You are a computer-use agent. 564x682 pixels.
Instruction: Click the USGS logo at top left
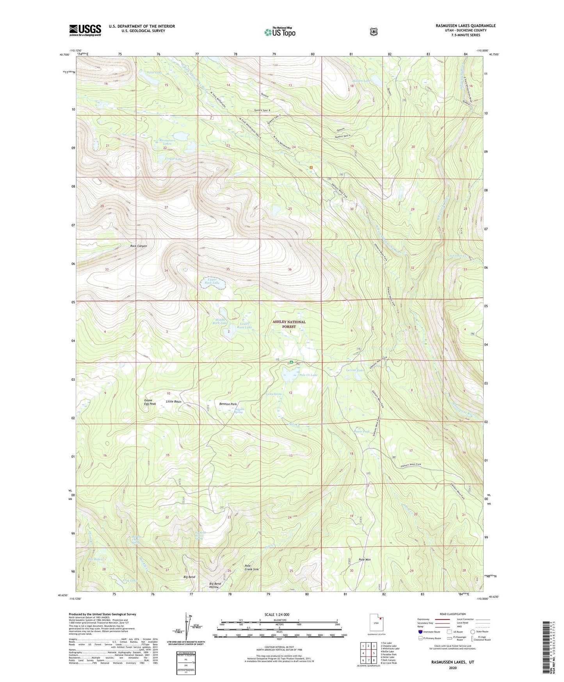point(85,30)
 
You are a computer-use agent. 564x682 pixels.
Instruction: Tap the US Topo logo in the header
point(279,32)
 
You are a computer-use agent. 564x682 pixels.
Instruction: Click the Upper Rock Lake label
point(213,281)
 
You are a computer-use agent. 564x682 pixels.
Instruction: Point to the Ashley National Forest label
point(289,324)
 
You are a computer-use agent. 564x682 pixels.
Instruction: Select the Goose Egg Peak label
point(150,402)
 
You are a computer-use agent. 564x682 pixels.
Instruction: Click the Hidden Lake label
point(361,80)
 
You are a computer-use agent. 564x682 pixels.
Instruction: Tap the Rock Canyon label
point(139,246)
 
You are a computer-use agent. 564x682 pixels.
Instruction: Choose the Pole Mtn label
point(365,560)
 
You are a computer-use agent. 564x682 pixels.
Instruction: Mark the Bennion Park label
point(228,404)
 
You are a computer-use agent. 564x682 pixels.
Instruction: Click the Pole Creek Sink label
point(251,568)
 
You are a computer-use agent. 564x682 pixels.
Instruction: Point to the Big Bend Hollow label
point(215,585)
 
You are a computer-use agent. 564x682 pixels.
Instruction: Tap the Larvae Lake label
point(355,370)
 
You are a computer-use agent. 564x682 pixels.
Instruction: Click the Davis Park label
point(361,431)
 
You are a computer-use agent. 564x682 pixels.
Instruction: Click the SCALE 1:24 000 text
point(277,614)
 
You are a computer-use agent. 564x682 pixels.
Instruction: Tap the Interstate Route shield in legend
point(420,631)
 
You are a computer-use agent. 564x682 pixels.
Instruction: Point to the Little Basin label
point(173,402)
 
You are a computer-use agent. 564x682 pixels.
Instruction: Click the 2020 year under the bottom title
point(452,668)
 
